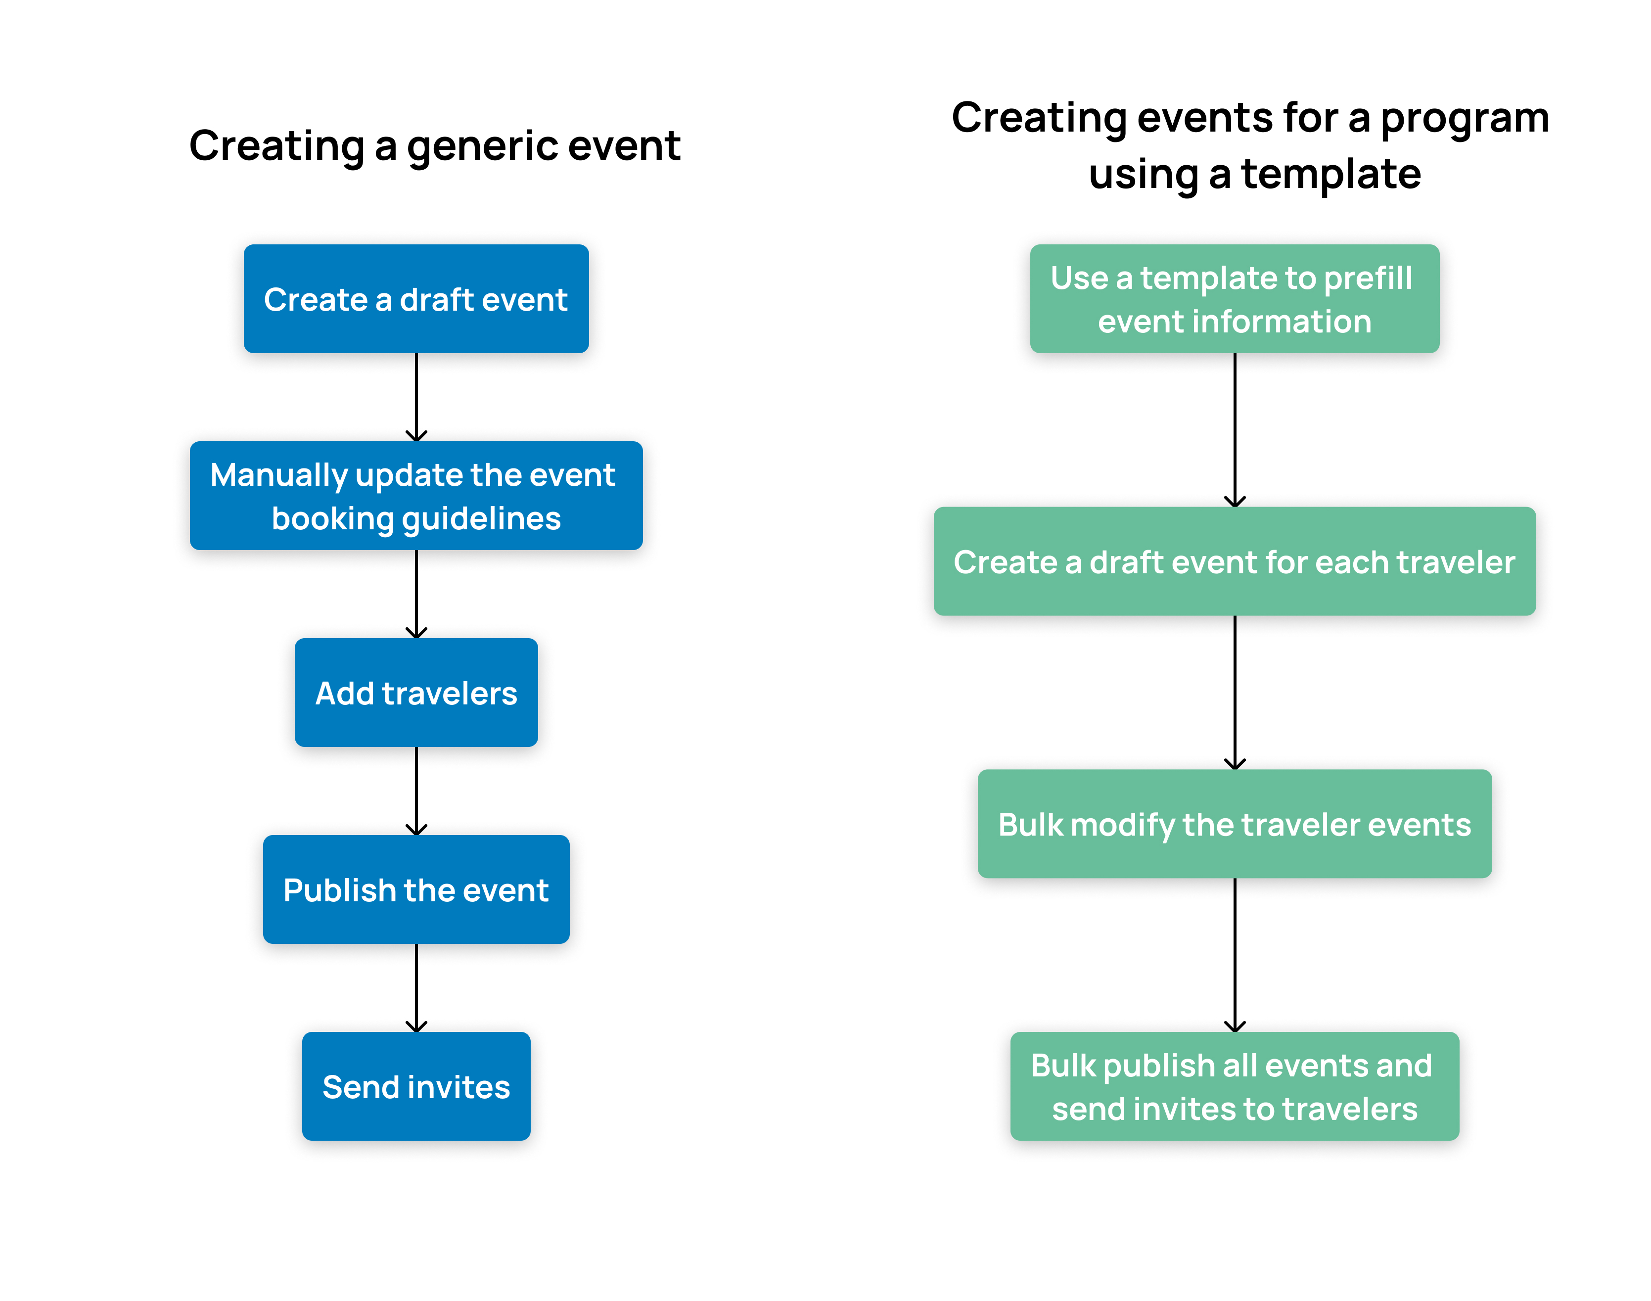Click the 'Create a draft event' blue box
point(416,299)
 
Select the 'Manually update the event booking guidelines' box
point(416,495)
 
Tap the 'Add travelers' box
point(416,693)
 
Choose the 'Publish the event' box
point(416,889)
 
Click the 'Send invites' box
point(416,1086)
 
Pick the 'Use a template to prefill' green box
point(1235,299)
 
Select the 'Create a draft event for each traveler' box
point(1235,561)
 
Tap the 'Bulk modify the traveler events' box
point(1235,824)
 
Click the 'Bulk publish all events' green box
point(1235,1086)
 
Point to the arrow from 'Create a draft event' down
point(416,397)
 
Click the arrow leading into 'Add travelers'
point(416,594)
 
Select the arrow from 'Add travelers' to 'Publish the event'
point(416,790)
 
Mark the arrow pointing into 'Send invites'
point(416,988)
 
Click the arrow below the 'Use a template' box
point(1235,429)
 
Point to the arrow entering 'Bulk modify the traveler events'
point(1235,693)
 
